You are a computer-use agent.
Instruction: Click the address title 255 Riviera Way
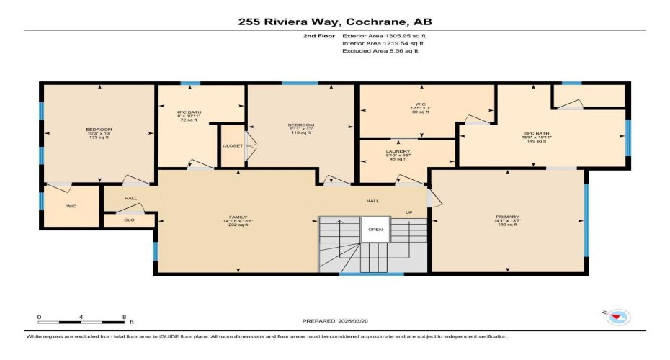coord(335,22)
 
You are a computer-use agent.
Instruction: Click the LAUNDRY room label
coord(397,155)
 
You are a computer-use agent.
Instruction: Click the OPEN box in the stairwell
coord(375,230)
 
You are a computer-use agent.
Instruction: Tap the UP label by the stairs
coord(409,212)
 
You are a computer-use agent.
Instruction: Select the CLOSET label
coord(232,145)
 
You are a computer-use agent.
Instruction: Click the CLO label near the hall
coord(129,220)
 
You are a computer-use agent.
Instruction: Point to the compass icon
coord(617,316)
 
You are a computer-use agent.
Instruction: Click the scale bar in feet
coord(82,320)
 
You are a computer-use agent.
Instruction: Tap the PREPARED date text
coord(334,320)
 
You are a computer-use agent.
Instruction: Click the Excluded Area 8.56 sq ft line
coord(380,51)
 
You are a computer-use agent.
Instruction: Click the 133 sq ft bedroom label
coord(98,133)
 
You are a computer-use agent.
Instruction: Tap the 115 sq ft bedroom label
coord(300,128)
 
